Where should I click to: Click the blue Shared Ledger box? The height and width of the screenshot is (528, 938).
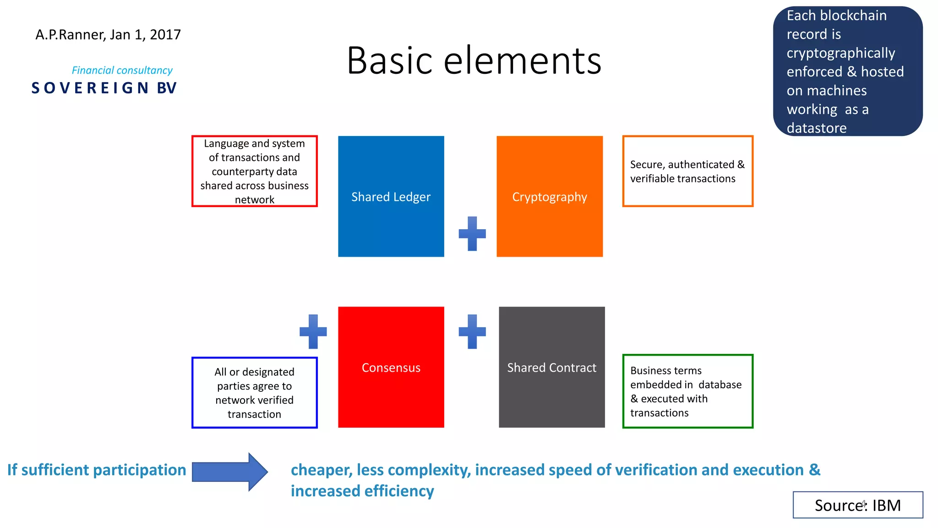pyautogui.click(x=391, y=196)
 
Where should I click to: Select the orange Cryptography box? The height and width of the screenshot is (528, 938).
pyautogui.click(x=549, y=196)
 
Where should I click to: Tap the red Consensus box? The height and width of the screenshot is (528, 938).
pyautogui.click(x=391, y=367)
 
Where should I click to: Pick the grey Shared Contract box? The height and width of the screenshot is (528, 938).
pyautogui.click(x=551, y=367)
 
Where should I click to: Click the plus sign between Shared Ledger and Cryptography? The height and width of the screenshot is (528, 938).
pyautogui.click(x=472, y=234)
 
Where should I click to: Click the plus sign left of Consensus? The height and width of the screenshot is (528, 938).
pyautogui.click(x=313, y=331)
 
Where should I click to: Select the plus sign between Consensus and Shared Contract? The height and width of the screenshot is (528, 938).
pyautogui.click(x=472, y=331)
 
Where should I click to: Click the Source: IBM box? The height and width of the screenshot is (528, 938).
pyautogui.click(x=857, y=505)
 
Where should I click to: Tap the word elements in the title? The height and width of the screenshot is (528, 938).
pyautogui.click(x=522, y=60)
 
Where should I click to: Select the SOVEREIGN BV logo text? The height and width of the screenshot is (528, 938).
pyautogui.click(x=104, y=88)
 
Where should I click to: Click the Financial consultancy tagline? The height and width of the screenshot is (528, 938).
pyautogui.click(x=122, y=70)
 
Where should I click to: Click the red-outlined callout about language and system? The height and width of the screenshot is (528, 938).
pyautogui.click(x=254, y=171)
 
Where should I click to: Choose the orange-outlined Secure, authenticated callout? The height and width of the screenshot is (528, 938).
pyautogui.click(x=687, y=171)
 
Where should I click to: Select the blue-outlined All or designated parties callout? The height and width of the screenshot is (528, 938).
pyautogui.click(x=254, y=393)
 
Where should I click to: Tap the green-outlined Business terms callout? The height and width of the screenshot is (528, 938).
pyautogui.click(x=687, y=391)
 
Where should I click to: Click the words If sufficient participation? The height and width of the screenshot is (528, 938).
pyautogui.click(x=97, y=470)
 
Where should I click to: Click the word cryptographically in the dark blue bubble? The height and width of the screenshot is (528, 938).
pyautogui.click(x=840, y=53)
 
